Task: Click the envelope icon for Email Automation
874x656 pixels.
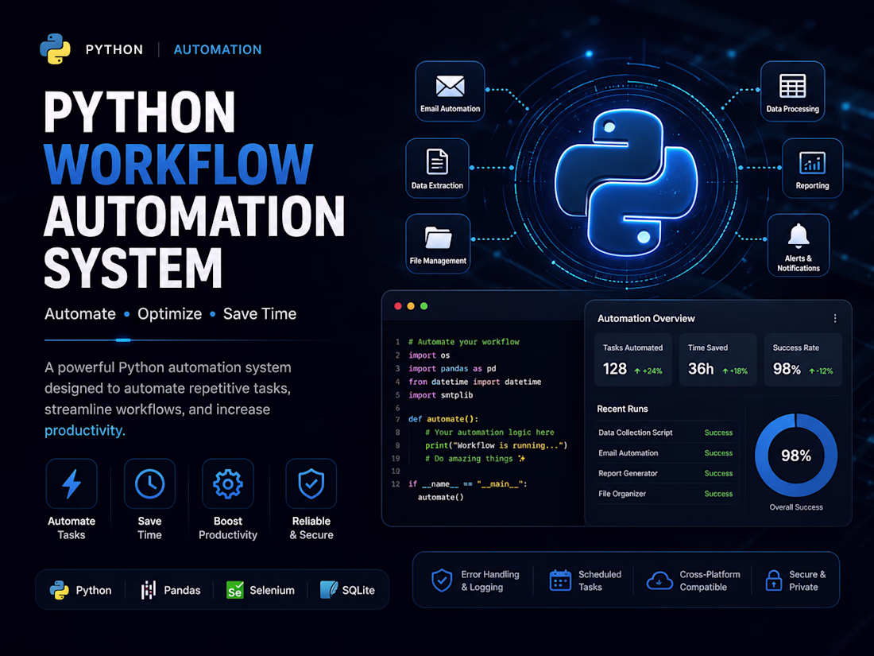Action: coord(450,86)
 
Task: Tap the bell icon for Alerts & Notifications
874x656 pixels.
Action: coord(799,235)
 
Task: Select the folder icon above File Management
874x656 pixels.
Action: coord(438,237)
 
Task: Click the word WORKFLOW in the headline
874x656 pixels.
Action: coord(178,164)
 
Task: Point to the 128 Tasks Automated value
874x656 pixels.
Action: coord(615,369)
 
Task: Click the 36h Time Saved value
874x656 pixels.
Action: coord(701,369)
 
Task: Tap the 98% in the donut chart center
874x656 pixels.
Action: coord(796,456)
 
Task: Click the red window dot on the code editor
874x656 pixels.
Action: coord(398,306)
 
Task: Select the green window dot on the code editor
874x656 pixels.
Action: coord(423,306)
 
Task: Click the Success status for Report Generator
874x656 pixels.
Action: coord(718,473)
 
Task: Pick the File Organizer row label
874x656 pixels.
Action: coord(622,494)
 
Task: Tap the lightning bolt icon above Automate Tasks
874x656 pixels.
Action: coord(72,483)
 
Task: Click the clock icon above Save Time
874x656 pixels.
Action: coord(150,483)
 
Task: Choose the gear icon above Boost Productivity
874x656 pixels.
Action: coord(228,483)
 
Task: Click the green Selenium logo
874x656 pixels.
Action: coord(234,590)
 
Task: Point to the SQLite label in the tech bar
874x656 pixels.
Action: coord(358,590)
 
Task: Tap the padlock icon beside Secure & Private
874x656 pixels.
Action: coord(774,580)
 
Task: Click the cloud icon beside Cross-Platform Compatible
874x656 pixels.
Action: coord(659,580)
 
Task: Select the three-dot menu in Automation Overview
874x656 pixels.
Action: coord(835,319)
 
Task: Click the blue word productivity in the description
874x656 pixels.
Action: coord(83,431)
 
